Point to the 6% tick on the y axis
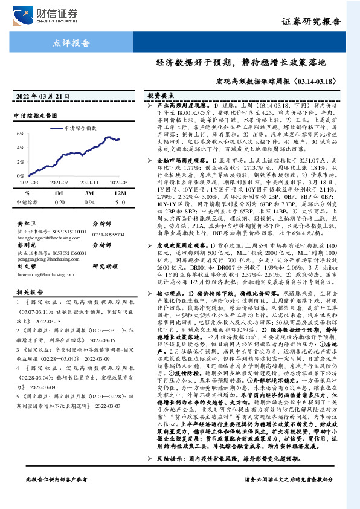tap(19, 132)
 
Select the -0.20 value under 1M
tap(59, 202)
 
